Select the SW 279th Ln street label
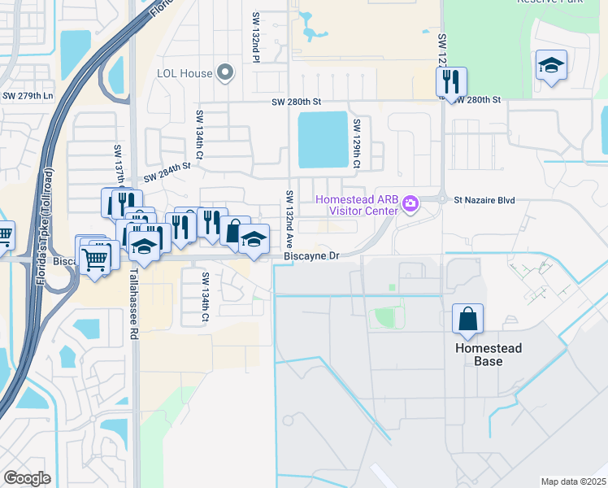pyautogui.click(x=27, y=96)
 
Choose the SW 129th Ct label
pyautogui.click(x=356, y=144)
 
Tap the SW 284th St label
pyautogui.click(x=167, y=172)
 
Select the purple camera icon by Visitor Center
pyautogui.click(x=410, y=202)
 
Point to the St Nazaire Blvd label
pyautogui.click(x=484, y=199)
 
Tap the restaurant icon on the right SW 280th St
pyautogui.click(x=450, y=81)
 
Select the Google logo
pyautogui.click(x=27, y=478)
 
